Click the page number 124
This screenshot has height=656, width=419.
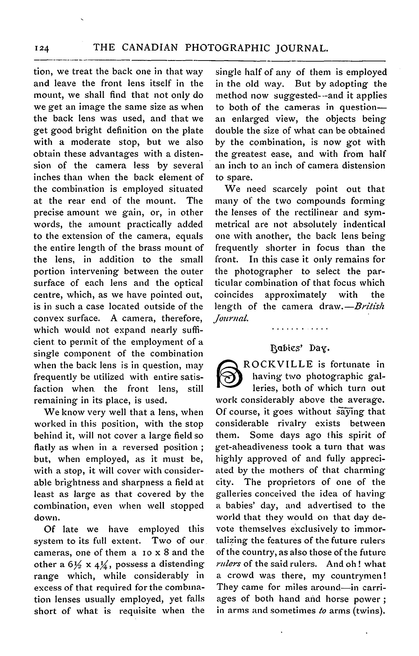(x=41, y=49)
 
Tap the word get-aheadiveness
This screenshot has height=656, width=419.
(x=252, y=447)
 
